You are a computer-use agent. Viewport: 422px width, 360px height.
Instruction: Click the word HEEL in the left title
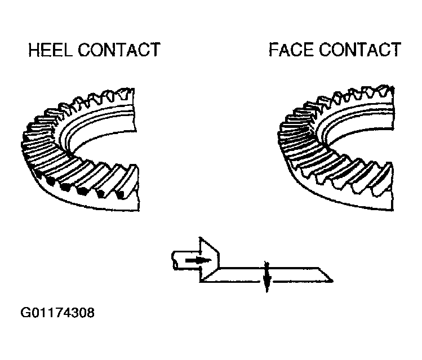50,50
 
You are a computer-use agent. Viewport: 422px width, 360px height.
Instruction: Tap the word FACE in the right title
291,50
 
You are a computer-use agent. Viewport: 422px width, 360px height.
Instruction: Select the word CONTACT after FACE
360,50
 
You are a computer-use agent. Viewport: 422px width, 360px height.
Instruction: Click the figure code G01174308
57,313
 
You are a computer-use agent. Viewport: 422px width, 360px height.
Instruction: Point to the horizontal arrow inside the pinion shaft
198,260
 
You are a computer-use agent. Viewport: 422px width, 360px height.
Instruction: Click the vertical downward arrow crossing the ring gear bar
266,277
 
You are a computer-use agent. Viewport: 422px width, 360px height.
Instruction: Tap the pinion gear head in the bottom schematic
209,260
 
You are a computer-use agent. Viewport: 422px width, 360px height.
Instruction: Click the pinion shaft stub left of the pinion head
186,260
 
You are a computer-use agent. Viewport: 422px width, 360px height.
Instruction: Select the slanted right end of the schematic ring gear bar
325,275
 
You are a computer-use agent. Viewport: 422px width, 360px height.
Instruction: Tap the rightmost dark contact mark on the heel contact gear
121,195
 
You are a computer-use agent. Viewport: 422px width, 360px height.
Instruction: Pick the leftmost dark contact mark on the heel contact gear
50,183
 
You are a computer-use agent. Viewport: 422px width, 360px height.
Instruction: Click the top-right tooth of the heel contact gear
127,94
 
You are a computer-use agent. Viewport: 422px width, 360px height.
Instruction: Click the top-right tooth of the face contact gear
387,91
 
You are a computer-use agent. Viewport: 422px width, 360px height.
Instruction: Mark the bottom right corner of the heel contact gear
139,211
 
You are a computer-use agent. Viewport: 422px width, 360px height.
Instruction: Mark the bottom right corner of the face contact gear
393,210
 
